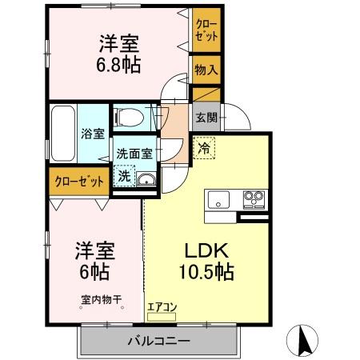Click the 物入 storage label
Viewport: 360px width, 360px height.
(x=206, y=70)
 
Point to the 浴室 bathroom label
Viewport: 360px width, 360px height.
(x=92, y=134)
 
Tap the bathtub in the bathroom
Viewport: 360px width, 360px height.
(x=62, y=133)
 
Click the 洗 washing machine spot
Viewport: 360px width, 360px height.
(x=124, y=176)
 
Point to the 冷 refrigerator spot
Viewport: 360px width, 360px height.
(x=205, y=148)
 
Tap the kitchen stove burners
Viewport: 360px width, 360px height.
(x=254, y=198)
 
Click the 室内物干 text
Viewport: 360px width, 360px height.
(x=101, y=301)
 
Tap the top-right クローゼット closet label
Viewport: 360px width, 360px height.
(x=206, y=30)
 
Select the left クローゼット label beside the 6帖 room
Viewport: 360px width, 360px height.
(x=79, y=181)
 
